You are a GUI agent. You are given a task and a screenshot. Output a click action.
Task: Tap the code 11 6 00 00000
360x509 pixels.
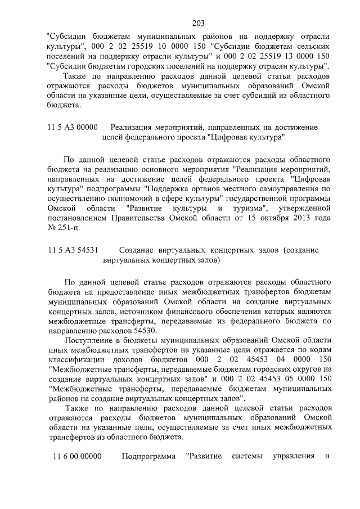[78, 456]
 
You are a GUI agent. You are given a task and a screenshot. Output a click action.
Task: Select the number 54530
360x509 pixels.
[127, 330]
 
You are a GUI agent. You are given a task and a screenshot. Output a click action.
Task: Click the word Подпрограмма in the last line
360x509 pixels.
[149, 456]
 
